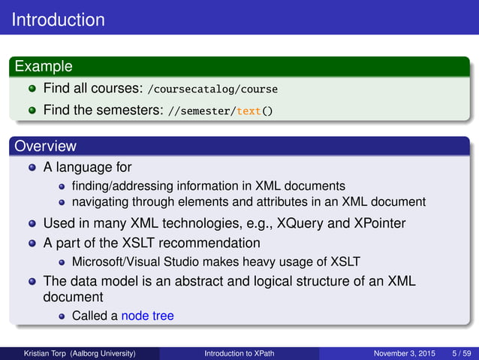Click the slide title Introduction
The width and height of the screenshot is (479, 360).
pos(59,19)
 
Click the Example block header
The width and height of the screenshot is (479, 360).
pos(42,67)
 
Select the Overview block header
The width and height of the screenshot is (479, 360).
pos(44,146)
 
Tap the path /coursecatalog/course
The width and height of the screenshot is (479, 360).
pos(212,89)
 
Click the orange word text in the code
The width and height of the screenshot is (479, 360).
pos(248,111)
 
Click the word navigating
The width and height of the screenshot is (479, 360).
pos(102,202)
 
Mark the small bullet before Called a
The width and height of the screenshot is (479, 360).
pos(63,316)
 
